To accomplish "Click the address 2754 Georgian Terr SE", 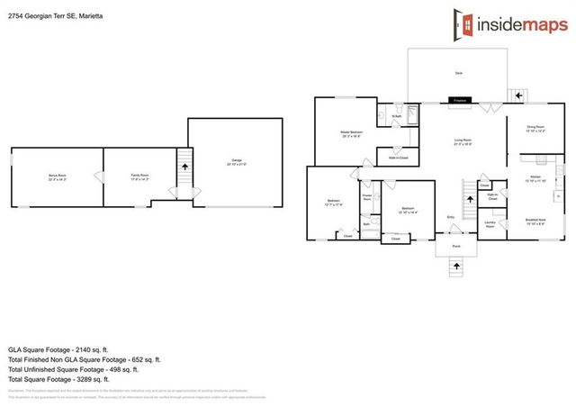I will tap(53, 14).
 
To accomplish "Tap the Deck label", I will tap(458, 72).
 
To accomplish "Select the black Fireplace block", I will tap(457, 100).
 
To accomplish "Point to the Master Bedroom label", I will tap(351, 134).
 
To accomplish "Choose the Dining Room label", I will tap(535, 129).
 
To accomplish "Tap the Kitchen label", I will tap(535, 179).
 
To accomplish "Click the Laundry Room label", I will tap(490, 225).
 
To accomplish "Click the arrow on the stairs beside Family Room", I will tap(185, 166).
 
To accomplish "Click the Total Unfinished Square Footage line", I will tap(73, 369).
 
